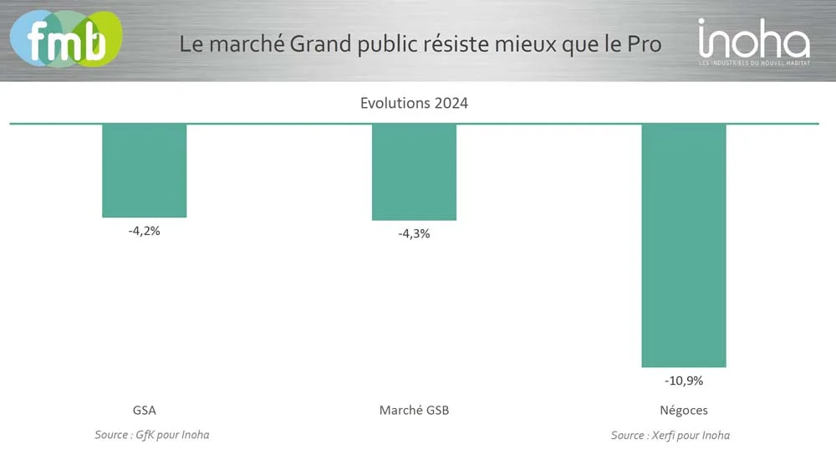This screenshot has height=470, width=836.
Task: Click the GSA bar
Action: [x=144, y=171]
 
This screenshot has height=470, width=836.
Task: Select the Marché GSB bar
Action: [x=415, y=172]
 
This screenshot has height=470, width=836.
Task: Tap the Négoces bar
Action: [x=684, y=245]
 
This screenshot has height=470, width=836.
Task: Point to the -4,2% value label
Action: [x=144, y=231]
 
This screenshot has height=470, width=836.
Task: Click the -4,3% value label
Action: [x=414, y=234]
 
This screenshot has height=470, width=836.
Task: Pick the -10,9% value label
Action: [x=684, y=381]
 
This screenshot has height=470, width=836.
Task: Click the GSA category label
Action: [x=144, y=411]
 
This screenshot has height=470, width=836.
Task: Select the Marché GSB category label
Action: [x=414, y=411]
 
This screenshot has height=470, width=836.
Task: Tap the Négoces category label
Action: [x=684, y=411]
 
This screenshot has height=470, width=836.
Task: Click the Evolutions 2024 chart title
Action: [x=414, y=104]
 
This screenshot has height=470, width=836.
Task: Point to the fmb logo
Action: [x=65, y=38]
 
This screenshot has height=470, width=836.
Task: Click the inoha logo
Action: [x=753, y=38]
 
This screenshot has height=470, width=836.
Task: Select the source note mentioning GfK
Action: [x=151, y=435]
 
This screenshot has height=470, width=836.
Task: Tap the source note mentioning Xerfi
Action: [x=670, y=435]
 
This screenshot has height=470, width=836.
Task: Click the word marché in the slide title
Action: [x=248, y=43]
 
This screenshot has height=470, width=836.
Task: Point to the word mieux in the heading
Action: [x=533, y=43]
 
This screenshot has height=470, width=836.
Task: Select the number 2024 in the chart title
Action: [x=451, y=104]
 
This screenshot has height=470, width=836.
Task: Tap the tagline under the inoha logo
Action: [x=754, y=63]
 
